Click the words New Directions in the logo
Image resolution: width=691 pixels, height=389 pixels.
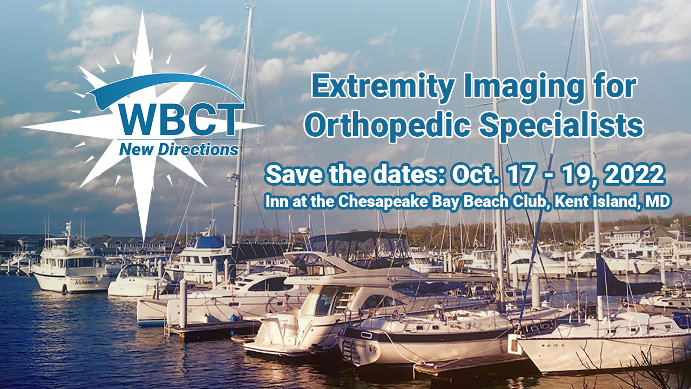[x=179, y=150]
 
